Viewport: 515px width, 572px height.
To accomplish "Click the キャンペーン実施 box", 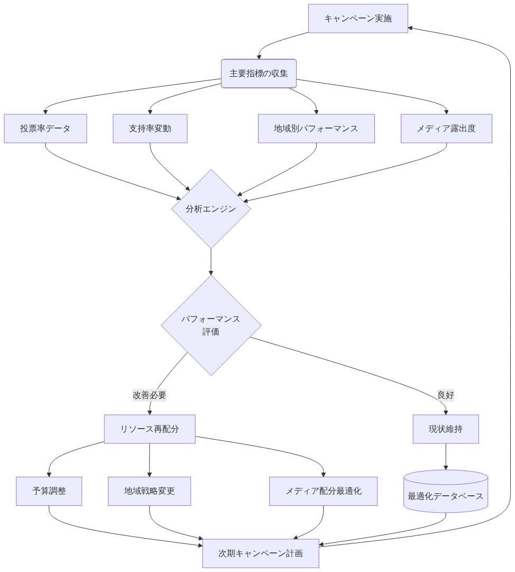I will [x=358, y=19].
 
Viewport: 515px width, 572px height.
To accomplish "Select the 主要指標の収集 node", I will [x=259, y=74].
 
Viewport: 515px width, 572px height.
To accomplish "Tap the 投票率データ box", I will [x=45, y=129].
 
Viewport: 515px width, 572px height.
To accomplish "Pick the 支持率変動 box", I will [x=150, y=129].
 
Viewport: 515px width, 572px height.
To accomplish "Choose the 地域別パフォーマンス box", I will [x=316, y=129].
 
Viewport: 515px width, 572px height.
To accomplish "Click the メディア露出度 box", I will [x=446, y=129].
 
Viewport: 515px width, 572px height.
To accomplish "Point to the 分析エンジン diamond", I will [x=211, y=209].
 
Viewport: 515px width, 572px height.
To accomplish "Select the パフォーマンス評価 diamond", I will [x=211, y=325].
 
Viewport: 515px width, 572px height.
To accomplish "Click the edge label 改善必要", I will [x=150, y=395].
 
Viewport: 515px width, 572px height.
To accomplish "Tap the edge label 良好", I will [x=446, y=395].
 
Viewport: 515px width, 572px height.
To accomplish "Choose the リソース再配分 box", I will [x=150, y=429].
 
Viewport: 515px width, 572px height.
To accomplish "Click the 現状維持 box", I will [x=446, y=429].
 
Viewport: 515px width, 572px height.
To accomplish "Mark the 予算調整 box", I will [x=49, y=491].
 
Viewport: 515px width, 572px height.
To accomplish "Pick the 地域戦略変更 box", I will [x=149, y=491].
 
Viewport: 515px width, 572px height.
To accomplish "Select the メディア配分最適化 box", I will [x=324, y=491].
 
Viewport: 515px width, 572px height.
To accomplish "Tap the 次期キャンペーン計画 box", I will [x=261, y=553].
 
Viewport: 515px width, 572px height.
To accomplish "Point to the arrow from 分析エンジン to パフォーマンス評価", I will [x=211, y=261].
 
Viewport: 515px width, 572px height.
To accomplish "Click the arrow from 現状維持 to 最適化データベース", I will [x=446, y=456].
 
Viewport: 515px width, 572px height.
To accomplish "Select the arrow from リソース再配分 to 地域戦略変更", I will [x=150, y=460].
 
